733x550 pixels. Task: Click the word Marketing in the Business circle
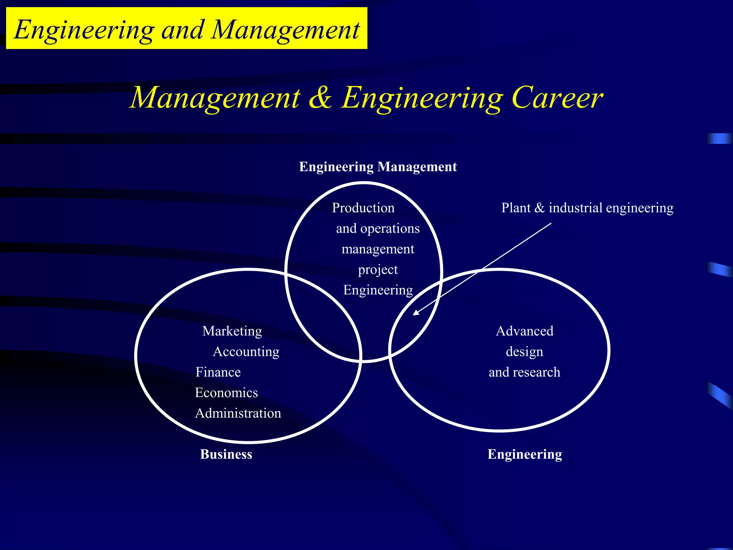[232, 331]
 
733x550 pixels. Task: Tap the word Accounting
[246, 352]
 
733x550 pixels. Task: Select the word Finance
[218, 372]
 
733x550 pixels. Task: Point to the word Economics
[226, 393]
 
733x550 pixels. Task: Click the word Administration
[238, 413]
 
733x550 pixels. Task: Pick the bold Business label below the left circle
[226, 454]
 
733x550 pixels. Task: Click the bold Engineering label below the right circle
[524, 454]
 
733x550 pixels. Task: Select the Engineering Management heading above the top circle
[378, 167]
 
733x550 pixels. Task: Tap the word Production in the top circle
[363, 208]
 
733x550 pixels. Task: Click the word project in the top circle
[378, 270]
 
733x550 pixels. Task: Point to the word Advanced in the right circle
[524, 331]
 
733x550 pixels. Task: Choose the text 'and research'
[524, 372]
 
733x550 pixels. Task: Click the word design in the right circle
[524, 352]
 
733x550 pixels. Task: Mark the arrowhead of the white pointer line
[416, 313]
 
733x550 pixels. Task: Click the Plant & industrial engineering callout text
[587, 208]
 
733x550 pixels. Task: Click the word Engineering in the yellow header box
[84, 30]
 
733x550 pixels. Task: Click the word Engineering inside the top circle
[378, 290]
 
